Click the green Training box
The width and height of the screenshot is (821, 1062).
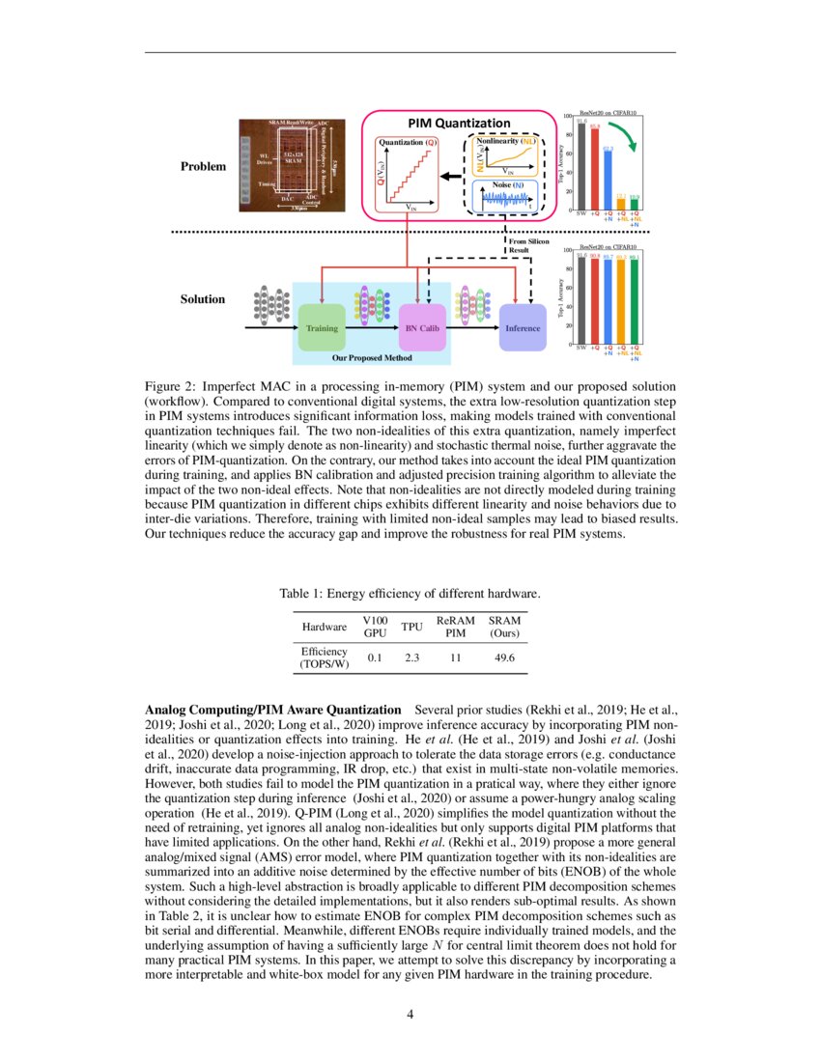pos(322,328)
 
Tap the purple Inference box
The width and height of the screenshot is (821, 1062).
pos(522,328)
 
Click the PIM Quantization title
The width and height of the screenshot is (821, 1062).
pos(458,123)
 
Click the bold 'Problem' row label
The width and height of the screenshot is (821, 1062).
pos(203,166)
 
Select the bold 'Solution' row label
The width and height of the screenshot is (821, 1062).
pos(203,299)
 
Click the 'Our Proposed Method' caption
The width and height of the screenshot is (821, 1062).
pos(372,357)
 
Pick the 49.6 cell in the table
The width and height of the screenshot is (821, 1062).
pos(504,657)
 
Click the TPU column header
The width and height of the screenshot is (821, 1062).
pos(412,628)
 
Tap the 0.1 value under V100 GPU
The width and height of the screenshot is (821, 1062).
pos(374,657)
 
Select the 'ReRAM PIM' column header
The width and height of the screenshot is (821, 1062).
pos(456,628)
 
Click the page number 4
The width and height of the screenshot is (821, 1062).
pos(410,1014)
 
